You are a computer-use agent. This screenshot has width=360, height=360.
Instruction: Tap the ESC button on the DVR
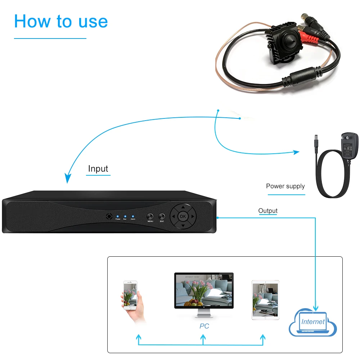pyautogui.click(x=162, y=216)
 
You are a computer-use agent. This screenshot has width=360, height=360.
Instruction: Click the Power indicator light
pyautogui.click(x=118, y=216)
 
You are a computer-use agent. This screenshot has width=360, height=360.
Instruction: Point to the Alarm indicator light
pyautogui.click(x=133, y=216)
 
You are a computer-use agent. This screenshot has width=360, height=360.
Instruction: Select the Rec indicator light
pyautogui.click(x=125, y=216)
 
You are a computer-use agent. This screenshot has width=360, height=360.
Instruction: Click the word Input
pyautogui.click(x=98, y=168)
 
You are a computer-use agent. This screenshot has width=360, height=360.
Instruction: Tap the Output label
pyautogui.click(x=268, y=211)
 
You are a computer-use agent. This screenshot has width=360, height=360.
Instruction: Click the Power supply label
pyautogui.click(x=285, y=186)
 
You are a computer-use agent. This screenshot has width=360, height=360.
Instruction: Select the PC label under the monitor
pyautogui.click(x=204, y=326)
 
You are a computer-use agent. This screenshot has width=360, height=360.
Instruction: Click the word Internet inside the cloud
pyautogui.click(x=313, y=322)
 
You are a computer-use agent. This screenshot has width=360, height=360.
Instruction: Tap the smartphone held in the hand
pyautogui.click(x=130, y=294)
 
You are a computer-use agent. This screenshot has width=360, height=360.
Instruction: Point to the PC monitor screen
pyautogui.click(x=204, y=290)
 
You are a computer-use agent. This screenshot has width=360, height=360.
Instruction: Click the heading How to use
pyautogui.click(x=61, y=21)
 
